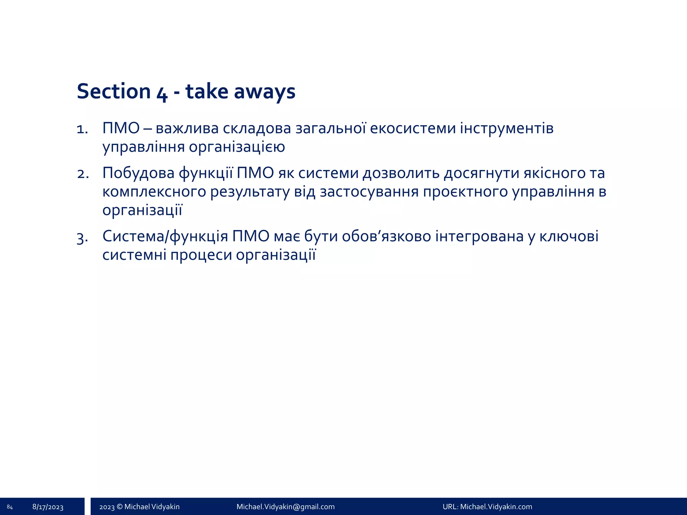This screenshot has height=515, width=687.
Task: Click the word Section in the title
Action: pyautogui.click(x=114, y=91)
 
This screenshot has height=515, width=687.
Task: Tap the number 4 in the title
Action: pyautogui.click(x=162, y=93)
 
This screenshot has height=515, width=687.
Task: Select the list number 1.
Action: pyautogui.click(x=82, y=129)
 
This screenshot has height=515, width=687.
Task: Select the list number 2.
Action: pyautogui.click(x=83, y=174)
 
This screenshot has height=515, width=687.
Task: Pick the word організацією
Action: pyautogui.click(x=237, y=147)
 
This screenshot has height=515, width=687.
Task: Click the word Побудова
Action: pyautogui.click(x=138, y=173)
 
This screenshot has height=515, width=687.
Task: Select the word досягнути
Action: pyautogui.click(x=481, y=173)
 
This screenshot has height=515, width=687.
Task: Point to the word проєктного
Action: pyautogui.click(x=465, y=192)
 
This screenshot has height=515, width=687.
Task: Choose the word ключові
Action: pyautogui.click(x=569, y=236)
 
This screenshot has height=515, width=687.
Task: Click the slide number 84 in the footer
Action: pyautogui.click(x=10, y=507)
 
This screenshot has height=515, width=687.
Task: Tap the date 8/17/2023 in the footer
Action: pyautogui.click(x=48, y=507)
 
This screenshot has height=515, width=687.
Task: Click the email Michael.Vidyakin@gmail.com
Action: pyautogui.click(x=285, y=507)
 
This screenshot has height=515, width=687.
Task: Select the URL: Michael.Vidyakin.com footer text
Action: pyautogui.click(x=487, y=507)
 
